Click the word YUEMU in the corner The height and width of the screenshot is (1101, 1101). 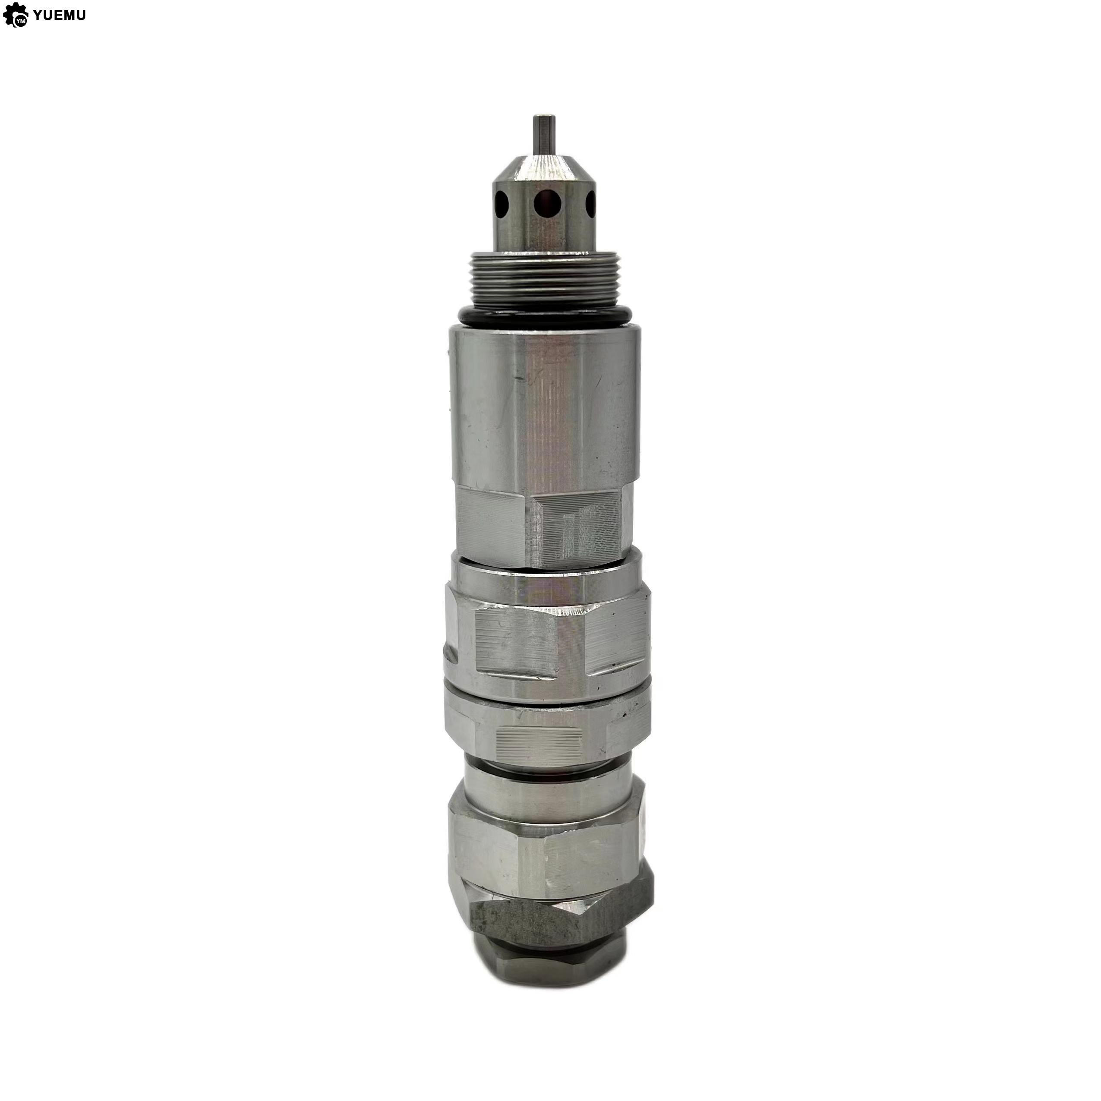59,16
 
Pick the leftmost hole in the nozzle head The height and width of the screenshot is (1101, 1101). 502,202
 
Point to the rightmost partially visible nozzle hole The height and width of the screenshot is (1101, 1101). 590,202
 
